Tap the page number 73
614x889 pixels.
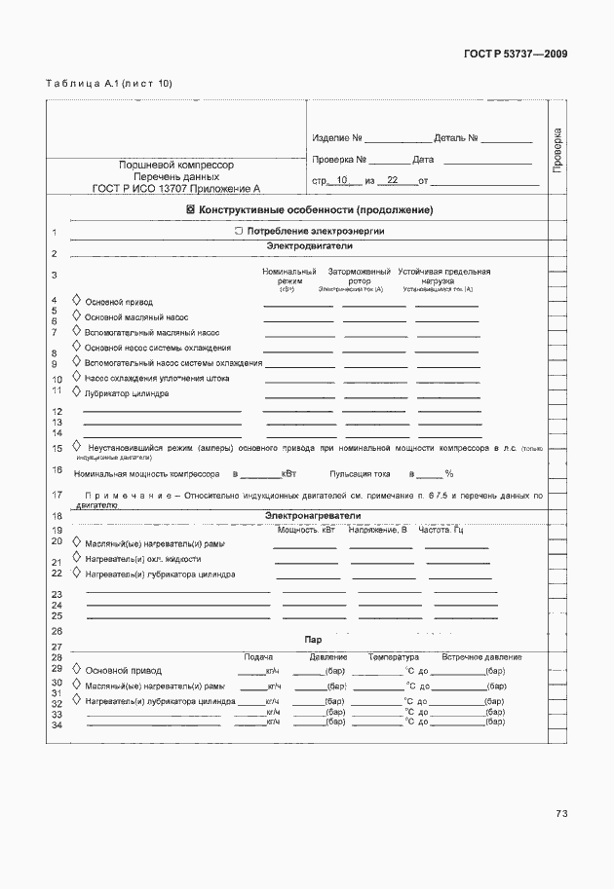coord(561,813)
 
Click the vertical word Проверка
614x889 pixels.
coord(557,150)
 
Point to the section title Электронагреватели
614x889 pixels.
coord(313,515)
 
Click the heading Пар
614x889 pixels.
coord(313,640)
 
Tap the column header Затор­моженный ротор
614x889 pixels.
coord(360,277)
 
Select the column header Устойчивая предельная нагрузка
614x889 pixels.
coord(442,277)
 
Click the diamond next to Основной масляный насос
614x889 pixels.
coord(77,316)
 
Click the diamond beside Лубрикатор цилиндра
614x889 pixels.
coord(77,393)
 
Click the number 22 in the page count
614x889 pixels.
coord(393,181)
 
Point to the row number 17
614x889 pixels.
coord(57,496)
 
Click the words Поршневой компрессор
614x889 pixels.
coord(176,166)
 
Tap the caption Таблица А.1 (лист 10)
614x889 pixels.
coord(109,84)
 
